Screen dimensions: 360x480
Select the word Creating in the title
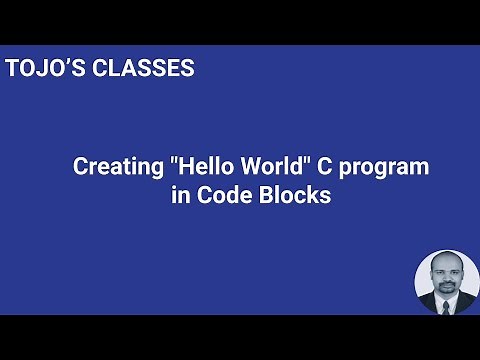pos(114,168)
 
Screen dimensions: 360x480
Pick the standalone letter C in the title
pos(325,168)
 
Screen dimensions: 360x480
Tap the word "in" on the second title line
pos(180,196)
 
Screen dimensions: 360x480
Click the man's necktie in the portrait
pos(447,304)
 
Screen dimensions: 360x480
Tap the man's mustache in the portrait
pos(446,284)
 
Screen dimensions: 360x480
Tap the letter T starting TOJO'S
pos(11,70)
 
